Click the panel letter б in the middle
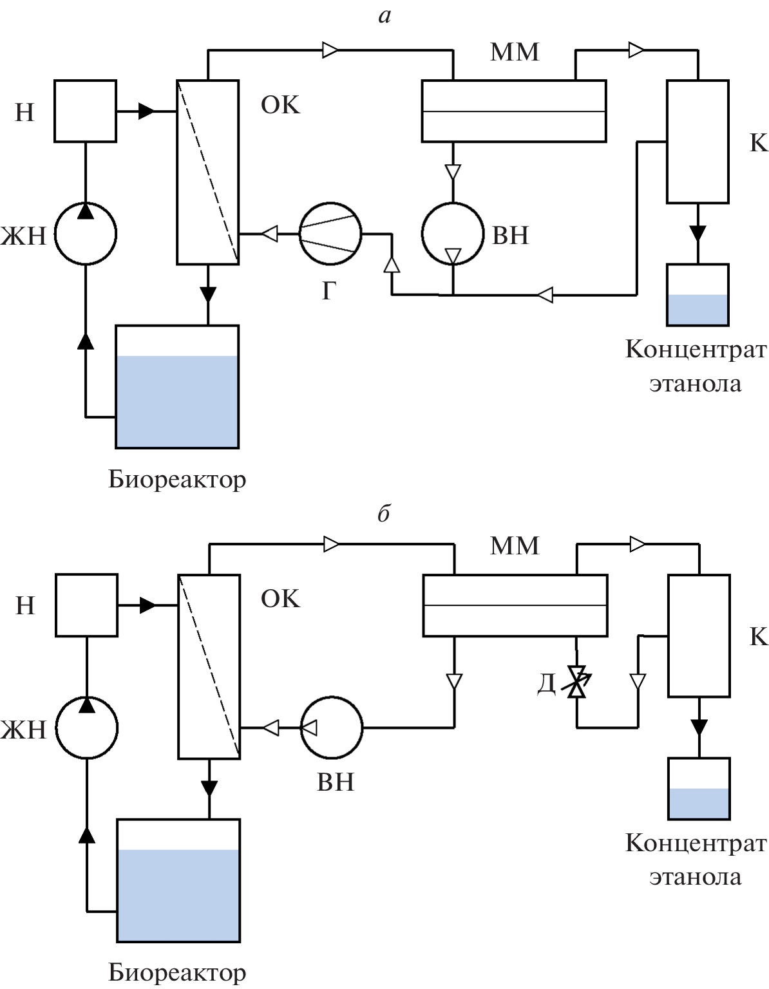(x=384, y=514)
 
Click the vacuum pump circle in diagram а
(x=453, y=234)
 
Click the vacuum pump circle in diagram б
(x=332, y=728)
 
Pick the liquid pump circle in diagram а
(x=85, y=233)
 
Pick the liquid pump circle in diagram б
(x=86, y=727)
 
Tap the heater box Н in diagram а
(x=85, y=111)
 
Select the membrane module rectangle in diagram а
(x=513, y=111)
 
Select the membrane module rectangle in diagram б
(x=515, y=605)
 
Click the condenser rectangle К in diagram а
(x=698, y=141)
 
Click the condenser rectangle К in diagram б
(x=699, y=635)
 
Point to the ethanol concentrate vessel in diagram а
(x=698, y=295)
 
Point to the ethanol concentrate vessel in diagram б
(x=699, y=789)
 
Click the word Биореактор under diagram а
(x=177, y=479)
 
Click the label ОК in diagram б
(x=280, y=599)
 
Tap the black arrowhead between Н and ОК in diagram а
(x=147, y=111)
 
